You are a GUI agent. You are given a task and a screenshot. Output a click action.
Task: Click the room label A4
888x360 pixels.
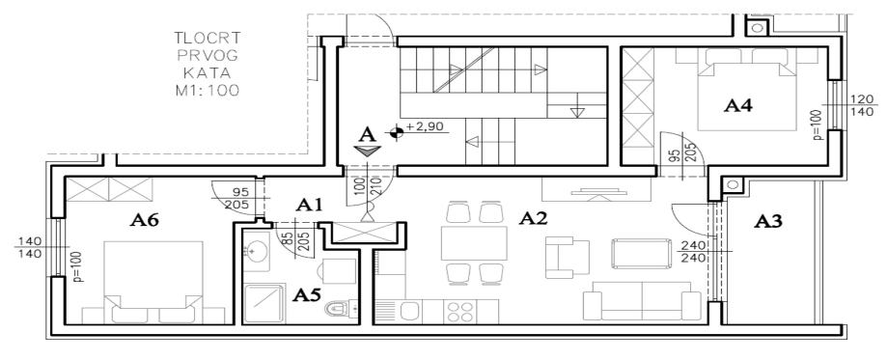(x=739, y=105)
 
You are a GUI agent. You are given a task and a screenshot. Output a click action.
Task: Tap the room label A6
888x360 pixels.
(x=144, y=221)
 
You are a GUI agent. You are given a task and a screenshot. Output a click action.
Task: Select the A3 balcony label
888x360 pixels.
(x=768, y=222)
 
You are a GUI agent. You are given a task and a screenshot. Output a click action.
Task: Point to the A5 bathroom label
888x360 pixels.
(x=307, y=294)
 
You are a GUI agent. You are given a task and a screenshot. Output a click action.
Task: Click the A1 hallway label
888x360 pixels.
(x=309, y=206)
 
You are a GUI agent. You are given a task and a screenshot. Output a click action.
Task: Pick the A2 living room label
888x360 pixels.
(x=534, y=218)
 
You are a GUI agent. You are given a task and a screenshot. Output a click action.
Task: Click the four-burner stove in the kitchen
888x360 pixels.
(x=459, y=312)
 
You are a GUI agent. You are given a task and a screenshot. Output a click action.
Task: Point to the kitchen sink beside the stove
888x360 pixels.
(x=409, y=312)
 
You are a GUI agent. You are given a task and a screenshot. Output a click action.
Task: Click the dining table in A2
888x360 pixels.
(x=474, y=243)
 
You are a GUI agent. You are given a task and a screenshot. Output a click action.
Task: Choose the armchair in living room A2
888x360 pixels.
(x=567, y=258)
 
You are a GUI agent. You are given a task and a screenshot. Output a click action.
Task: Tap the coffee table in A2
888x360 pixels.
(x=641, y=254)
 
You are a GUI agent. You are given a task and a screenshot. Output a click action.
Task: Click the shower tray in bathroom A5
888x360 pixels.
(x=264, y=303)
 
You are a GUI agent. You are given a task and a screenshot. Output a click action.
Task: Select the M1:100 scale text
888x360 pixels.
(x=208, y=90)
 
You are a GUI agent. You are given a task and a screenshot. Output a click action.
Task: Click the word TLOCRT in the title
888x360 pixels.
(x=208, y=39)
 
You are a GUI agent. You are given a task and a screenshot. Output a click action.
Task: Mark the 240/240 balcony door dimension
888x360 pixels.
(x=692, y=251)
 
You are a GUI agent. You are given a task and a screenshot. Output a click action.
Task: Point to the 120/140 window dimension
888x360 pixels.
(x=862, y=106)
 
